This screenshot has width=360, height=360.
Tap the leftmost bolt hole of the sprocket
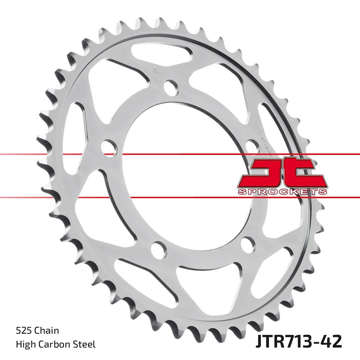tap(109, 148)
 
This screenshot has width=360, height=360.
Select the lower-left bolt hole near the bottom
tap(159, 249)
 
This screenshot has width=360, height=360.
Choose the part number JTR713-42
tap(298, 341)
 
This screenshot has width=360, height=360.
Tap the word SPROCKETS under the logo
tap(282, 191)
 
